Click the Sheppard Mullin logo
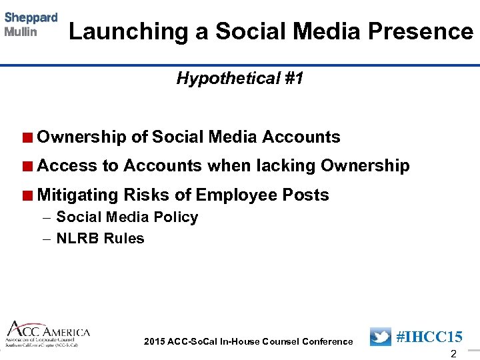point(31,25)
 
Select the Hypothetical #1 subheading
point(240,79)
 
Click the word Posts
point(306,195)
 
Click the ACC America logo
point(48,334)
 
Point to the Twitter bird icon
point(380,337)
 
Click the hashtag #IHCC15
point(429,337)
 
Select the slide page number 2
point(453,353)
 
